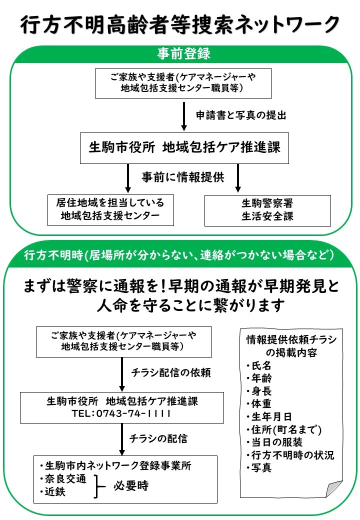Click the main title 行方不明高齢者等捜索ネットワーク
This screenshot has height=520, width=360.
coord(180,24)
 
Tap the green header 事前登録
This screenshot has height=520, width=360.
coord(183,53)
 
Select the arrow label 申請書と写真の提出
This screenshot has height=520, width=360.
coord(241,115)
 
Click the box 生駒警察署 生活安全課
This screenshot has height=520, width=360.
coord(267,210)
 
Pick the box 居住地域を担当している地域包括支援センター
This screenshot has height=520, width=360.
coord(110,210)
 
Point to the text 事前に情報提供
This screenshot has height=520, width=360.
coord(183,177)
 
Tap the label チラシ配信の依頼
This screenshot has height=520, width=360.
coord(171,373)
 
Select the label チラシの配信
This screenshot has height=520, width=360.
coord(158,439)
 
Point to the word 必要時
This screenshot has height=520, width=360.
coord(131,486)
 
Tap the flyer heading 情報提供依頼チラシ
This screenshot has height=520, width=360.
coord(291,339)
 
